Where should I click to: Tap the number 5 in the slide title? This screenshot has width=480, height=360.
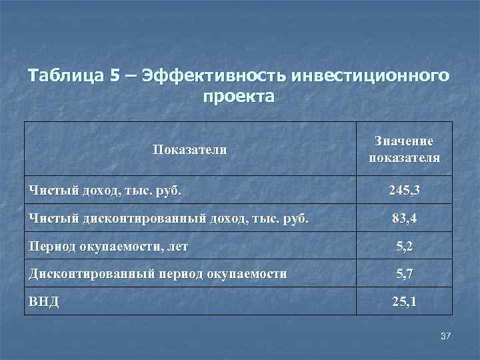point(117,75)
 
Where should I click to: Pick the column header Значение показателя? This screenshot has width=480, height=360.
point(404,150)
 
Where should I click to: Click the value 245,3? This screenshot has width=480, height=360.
point(404,192)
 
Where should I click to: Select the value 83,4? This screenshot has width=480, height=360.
point(404,219)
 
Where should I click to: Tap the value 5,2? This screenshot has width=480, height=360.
point(404,246)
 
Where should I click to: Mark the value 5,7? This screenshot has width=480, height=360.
point(404,273)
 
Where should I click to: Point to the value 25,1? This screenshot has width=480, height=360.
point(404,301)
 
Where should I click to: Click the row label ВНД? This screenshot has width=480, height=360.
point(44,301)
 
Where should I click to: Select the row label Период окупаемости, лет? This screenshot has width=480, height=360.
point(108,246)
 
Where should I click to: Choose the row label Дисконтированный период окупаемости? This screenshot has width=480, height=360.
point(158,273)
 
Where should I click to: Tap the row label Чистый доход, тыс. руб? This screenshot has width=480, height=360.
point(105,192)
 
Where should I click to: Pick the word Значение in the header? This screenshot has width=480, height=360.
point(404,141)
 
